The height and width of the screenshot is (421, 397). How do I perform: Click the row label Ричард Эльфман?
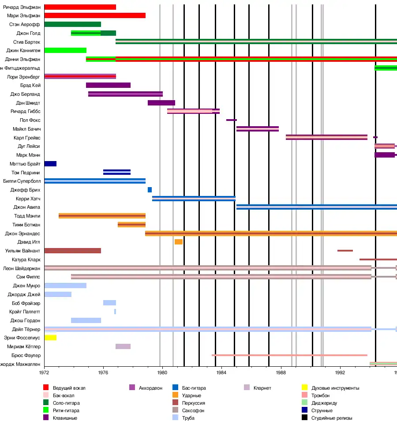(x=22, y=7)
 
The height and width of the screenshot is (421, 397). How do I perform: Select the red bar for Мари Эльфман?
(x=95, y=16)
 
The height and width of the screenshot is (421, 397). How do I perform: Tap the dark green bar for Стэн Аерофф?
(x=72, y=24)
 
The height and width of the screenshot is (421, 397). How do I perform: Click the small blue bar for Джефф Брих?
(x=150, y=190)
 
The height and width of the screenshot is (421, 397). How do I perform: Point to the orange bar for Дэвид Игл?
(x=178, y=242)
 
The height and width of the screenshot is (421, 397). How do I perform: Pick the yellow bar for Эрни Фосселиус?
(x=50, y=338)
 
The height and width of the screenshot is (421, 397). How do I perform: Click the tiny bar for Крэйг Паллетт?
(x=115, y=312)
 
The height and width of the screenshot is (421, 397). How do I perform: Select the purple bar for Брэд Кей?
(x=108, y=85)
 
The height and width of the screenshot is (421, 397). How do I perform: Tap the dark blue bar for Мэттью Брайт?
(x=50, y=164)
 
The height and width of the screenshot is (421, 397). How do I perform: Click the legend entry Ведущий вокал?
(x=69, y=388)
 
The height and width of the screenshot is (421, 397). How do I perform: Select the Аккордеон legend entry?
(x=150, y=388)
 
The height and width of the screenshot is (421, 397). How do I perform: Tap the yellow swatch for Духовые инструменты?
(x=304, y=388)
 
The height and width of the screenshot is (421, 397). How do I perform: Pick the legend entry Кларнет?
(x=262, y=388)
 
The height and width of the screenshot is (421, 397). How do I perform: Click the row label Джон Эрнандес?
(x=22, y=233)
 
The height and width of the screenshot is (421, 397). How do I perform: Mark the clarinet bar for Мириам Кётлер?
(x=123, y=346)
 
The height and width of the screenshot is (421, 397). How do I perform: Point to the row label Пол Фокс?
(x=30, y=120)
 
